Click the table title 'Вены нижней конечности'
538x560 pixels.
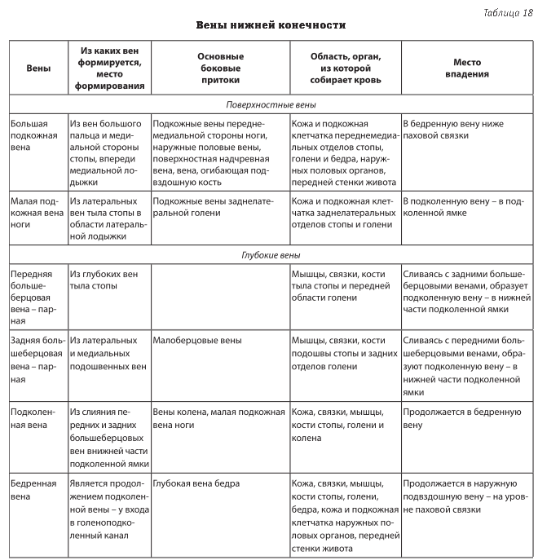click(x=271, y=25)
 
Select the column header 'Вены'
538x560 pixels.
click(x=38, y=68)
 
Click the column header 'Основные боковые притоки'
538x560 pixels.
click(x=220, y=68)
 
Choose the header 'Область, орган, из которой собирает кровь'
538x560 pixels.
click(x=345, y=68)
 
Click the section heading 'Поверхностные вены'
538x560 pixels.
click(x=271, y=105)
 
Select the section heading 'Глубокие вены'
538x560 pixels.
click(x=271, y=255)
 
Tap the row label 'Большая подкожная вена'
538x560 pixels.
click(x=35, y=135)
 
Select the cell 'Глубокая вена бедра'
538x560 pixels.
click(x=196, y=483)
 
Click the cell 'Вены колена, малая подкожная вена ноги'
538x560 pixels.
click(x=218, y=417)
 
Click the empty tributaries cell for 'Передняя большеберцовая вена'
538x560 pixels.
click(x=220, y=298)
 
